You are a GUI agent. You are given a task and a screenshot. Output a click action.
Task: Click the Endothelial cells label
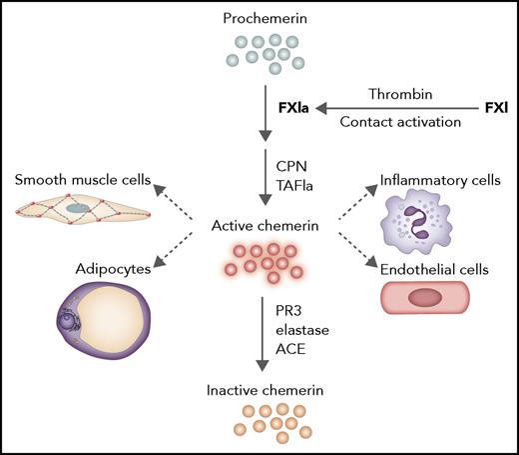(x=439, y=267)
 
